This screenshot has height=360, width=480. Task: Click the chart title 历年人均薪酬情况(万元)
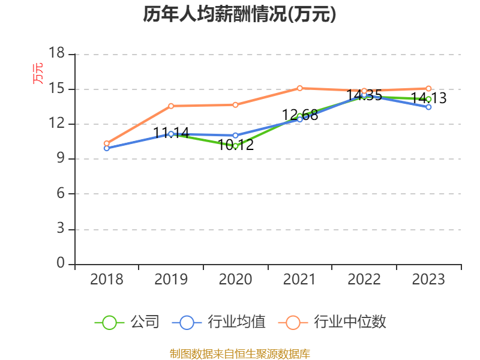tap(239, 14)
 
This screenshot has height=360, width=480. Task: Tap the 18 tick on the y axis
tap(56, 54)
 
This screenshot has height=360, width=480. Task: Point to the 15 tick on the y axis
tap(56, 89)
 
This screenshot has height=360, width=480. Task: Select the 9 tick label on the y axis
tap(61, 159)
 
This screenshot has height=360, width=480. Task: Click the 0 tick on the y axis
tap(61, 263)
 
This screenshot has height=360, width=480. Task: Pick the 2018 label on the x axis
tap(106, 280)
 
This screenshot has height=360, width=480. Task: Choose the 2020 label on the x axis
tap(235, 280)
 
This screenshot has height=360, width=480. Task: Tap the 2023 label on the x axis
tap(428, 280)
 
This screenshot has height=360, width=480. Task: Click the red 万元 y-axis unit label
tap(38, 73)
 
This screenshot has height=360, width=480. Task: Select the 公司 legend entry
tap(127, 322)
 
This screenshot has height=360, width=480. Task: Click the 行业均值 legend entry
tap(219, 322)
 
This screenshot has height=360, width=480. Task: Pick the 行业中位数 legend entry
tap(333, 322)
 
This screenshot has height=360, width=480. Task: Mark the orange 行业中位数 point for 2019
tap(171, 106)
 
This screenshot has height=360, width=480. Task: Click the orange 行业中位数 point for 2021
tap(300, 88)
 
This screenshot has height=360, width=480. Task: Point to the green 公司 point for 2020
tap(235, 146)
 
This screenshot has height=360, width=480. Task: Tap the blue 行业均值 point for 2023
tap(428, 107)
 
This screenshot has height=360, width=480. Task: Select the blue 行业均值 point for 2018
tap(106, 148)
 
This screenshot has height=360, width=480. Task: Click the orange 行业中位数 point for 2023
tap(428, 88)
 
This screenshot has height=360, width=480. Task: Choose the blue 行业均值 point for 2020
tap(235, 135)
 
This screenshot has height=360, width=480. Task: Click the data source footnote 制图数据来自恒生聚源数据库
tap(239, 353)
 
